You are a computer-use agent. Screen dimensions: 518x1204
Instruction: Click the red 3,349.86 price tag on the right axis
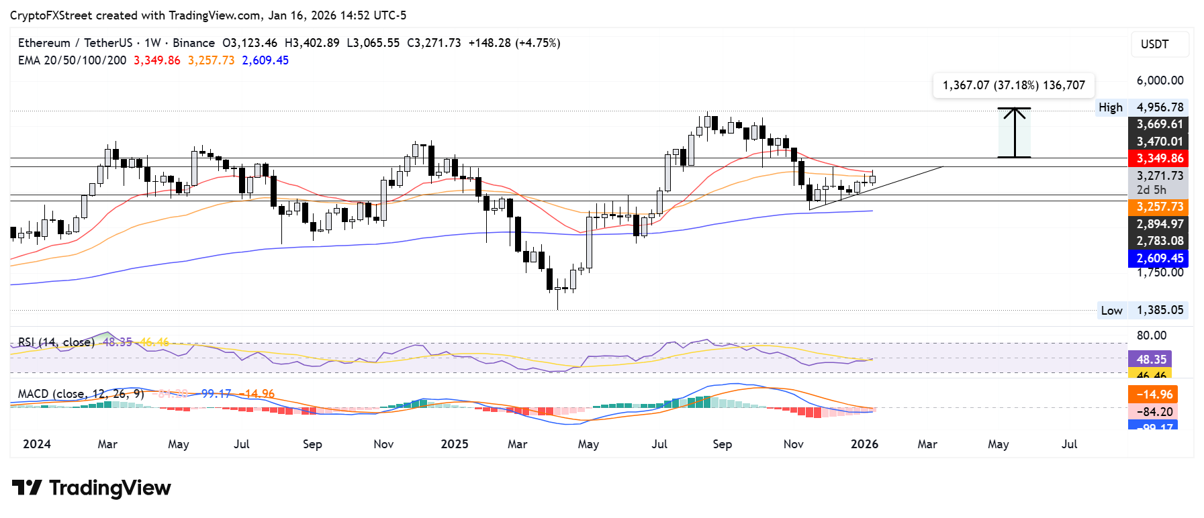coord(1158,158)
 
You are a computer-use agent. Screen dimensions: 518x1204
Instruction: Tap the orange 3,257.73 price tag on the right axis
coord(1158,207)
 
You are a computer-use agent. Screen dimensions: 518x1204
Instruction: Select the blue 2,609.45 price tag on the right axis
coord(1158,258)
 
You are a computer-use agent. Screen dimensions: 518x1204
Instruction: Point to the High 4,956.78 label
coord(1142,107)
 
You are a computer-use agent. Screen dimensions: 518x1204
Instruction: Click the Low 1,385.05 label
coord(1142,310)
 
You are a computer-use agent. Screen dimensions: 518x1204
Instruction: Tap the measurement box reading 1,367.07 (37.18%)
coord(1013,85)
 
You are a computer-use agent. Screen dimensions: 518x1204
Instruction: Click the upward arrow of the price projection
coord(1014,132)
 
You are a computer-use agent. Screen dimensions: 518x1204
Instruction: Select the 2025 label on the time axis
coord(454,444)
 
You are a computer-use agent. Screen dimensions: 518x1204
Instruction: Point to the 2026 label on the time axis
coord(864,444)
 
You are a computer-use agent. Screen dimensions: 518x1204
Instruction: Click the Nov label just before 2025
coord(383,444)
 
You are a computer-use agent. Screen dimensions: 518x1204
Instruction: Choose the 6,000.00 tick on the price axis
coord(1160,81)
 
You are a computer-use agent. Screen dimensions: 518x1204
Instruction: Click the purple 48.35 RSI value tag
coord(1150,359)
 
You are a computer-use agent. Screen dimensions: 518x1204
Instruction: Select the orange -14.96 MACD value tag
coord(1153,395)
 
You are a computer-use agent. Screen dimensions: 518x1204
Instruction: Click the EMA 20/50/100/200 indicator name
coord(72,60)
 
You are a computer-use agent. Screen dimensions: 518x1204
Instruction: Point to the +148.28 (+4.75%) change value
coord(514,43)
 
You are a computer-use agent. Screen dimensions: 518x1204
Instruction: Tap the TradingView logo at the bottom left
coord(91,488)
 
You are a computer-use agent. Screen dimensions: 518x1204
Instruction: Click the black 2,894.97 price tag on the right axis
coord(1158,224)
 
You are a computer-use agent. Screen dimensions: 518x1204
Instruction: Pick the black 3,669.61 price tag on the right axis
coord(1158,124)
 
